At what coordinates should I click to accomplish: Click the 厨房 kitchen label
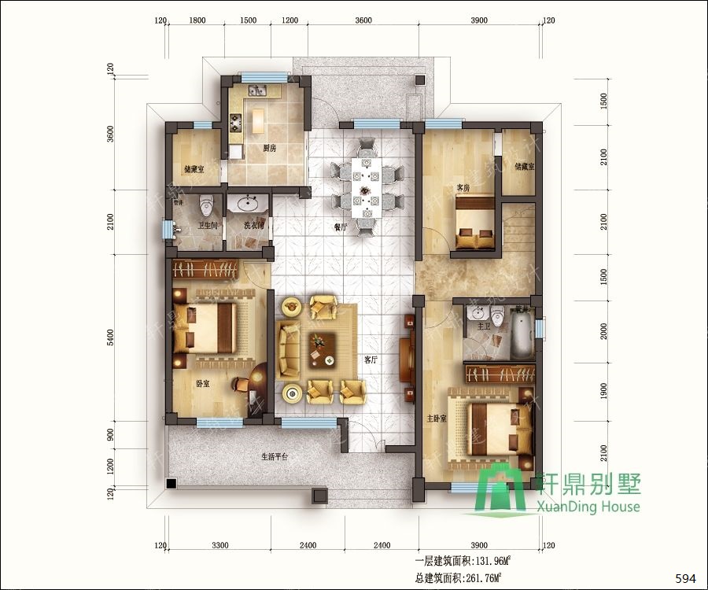[x=269, y=148]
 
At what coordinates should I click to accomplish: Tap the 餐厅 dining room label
[x=340, y=227]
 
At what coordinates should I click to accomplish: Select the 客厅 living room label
[x=371, y=359]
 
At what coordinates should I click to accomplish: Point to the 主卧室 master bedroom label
[x=437, y=419]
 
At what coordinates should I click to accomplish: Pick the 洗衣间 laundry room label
[x=253, y=226]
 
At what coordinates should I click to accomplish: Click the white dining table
[x=367, y=187]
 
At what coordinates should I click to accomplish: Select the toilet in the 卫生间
[x=207, y=205]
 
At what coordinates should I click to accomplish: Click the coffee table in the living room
[x=322, y=348]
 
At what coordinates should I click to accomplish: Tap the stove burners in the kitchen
[x=234, y=123]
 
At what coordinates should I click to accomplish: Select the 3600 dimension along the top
[x=363, y=21]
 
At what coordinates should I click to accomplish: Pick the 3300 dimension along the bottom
[x=220, y=545]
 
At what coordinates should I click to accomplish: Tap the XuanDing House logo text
[x=590, y=507]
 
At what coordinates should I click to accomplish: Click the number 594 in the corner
[x=686, y=579]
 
